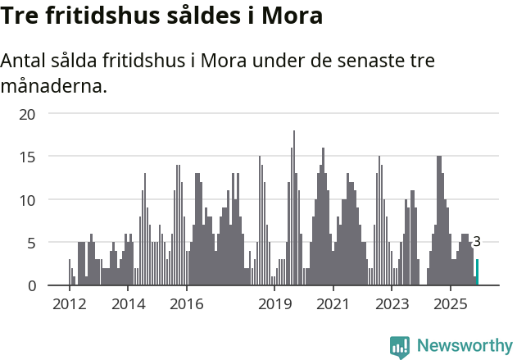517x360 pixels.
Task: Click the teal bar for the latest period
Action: click(x=477, y=272)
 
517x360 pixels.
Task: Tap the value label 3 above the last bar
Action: click(x=477, y=242)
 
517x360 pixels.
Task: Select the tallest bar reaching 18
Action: click(x=294, y=208)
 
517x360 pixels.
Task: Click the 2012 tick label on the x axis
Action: click(x=69, y=304)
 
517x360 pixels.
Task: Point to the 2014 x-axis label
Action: click(x=128, y=304)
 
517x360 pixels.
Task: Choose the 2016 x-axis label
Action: click(x=187, y=304)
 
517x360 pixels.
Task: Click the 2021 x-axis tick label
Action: click(x=333, y=304)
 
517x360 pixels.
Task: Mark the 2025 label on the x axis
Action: click(x=451, y=304)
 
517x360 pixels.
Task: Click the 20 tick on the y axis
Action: click(x=28, y=113)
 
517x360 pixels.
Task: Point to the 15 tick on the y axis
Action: click(x=28, y=157)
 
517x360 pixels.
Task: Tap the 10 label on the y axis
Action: click(x=28, y=199)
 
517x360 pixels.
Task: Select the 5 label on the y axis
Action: click(x=31, y=243)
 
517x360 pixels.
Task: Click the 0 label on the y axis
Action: click(x=31, y=285)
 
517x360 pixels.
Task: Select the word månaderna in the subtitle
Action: click(x=54, y=85)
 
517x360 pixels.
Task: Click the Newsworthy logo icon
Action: click(x=400, y=347)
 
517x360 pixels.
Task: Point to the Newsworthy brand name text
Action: click(x=465, y=346)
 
